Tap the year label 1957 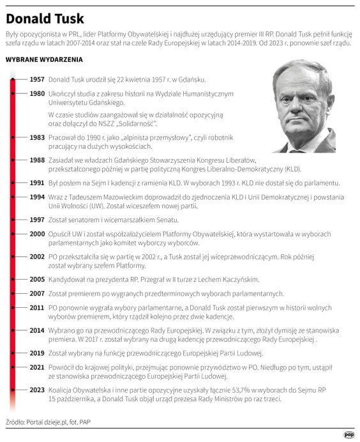coord(37,80)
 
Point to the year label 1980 coord(37,93)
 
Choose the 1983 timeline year coord(37,137)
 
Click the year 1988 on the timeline coord(37,160)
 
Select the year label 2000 coord(37,234)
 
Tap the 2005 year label coord(37,279)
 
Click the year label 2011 coord(37,307)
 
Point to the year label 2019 coord(37,352)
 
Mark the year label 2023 coord(37,389)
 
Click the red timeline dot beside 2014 coord(12,330)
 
